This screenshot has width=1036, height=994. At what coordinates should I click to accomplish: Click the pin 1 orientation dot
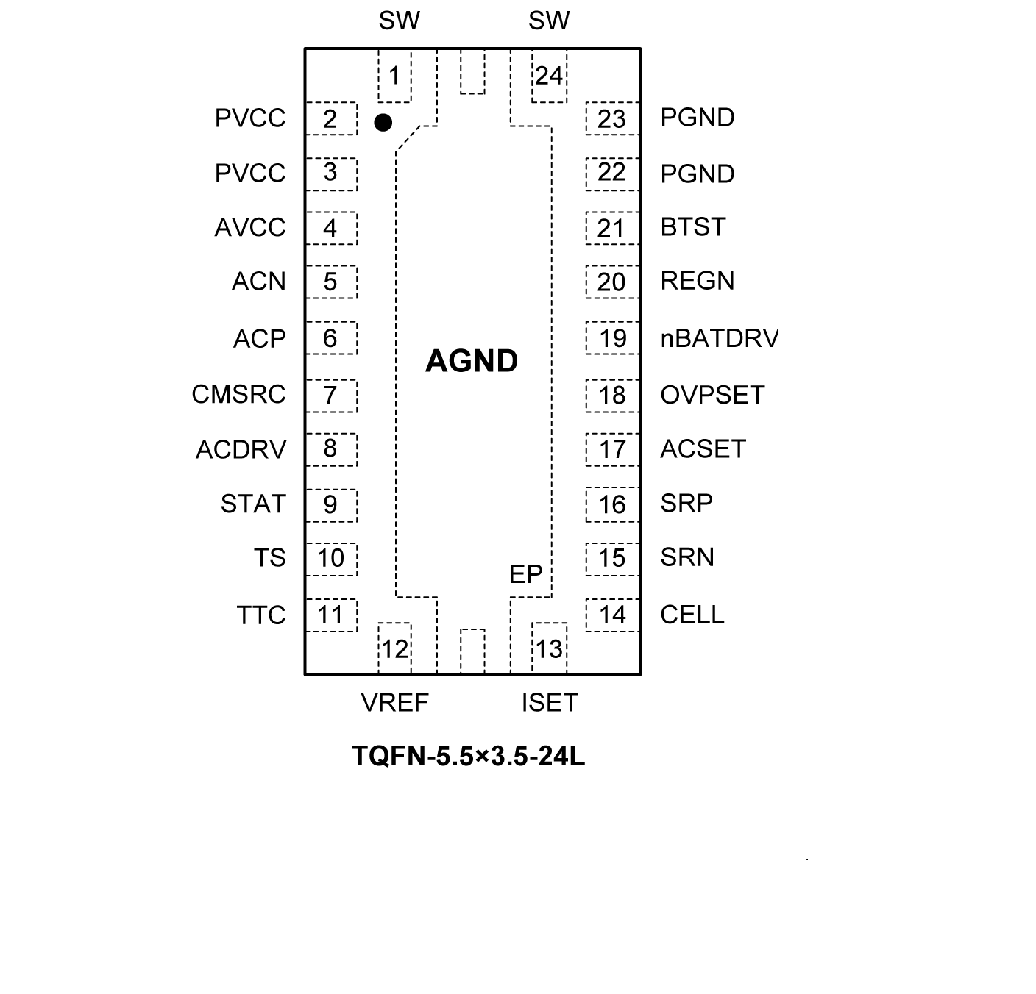click(383, 122)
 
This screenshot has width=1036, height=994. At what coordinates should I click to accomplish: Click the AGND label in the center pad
click(472, 361)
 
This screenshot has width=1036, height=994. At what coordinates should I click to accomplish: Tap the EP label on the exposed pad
click(525, 574)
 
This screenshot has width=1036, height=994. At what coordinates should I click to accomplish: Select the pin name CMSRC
click(238, 394)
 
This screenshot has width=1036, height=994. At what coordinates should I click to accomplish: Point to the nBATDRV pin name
click(719, 338)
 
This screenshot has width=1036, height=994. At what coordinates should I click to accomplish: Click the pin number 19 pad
click(612, 338)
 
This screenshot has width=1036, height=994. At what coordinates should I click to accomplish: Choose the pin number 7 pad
click(330, 396)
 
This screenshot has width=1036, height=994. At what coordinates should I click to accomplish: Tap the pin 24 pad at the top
click(549, 76)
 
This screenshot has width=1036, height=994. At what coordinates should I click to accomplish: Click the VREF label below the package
click(394, 703)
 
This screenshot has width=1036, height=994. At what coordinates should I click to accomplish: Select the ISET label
click(550, 703)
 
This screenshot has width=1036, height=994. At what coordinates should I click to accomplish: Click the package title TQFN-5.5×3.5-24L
click(468, 756)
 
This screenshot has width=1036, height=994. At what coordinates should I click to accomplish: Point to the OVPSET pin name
click(712, 395)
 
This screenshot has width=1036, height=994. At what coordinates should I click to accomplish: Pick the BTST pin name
click(693, 227)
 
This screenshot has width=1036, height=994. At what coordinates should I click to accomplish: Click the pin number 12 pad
click(394, 648)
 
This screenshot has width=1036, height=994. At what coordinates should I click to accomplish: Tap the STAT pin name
click(253, 504)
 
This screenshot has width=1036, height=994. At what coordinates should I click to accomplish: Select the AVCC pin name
click(250, 227)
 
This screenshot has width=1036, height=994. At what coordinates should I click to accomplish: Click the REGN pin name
click(698, 281)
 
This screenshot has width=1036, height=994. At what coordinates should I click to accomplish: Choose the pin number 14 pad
click(612, 615)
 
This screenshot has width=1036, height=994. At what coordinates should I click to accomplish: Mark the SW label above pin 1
click(399, 21)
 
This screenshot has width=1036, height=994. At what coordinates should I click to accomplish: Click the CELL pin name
click(692, 615)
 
